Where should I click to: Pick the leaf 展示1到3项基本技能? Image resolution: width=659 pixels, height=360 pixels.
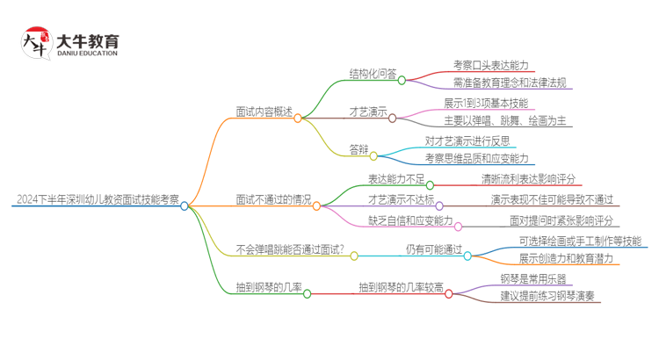coord(486,103)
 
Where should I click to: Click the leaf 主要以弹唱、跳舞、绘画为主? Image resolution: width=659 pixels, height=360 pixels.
coord(504,120)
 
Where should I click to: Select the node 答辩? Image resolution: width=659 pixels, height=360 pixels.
coord(358,150)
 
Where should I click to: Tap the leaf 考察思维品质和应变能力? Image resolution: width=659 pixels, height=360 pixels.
coord(476,158)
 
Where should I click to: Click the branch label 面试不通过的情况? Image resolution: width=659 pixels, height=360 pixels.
coord(272,198)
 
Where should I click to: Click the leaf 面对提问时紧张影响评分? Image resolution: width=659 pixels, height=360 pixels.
coord(561,220)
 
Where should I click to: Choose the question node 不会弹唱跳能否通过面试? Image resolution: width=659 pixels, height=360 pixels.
coord(290,249)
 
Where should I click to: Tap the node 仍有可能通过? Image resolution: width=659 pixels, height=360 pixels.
coord(433,249)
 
